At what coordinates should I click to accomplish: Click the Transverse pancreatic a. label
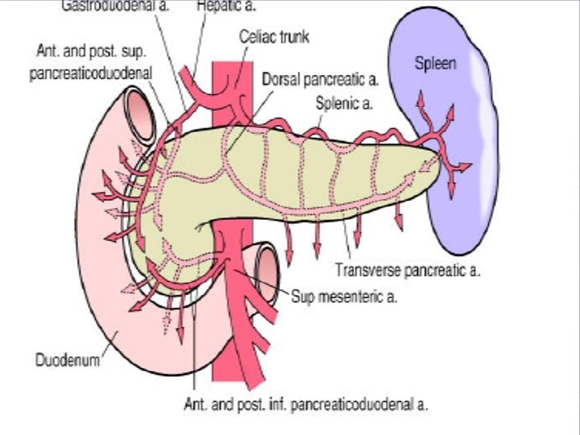point(408,270)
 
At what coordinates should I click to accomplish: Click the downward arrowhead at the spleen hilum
point(452,188)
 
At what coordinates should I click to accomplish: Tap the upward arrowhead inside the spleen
point(420,100)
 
